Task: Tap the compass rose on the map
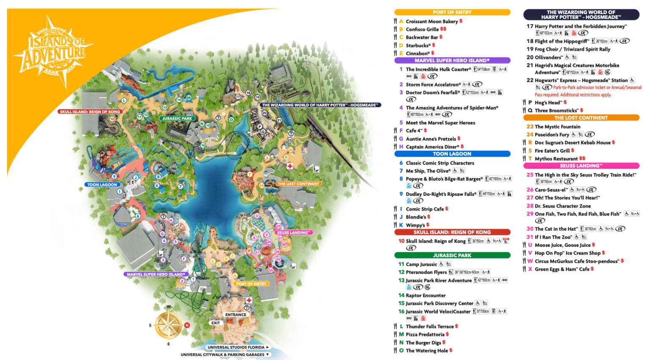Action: [168, 325]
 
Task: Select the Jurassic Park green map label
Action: [177, 118]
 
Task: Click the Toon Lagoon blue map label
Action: [102, 184]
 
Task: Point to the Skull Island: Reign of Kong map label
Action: [90, 112]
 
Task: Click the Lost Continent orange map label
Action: [298, 184]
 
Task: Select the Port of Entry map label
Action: [251, 283]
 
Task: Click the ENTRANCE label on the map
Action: [236, 314]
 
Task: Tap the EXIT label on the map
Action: [215, 323]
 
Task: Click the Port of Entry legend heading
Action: [452, 12]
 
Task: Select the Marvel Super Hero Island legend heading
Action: [452, 60]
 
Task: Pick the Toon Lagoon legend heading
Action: [452, 154]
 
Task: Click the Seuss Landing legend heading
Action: [581, 166]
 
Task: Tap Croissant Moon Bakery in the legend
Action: [432, 21]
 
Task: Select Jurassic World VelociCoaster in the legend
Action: [438, 311]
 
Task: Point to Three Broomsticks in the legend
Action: [556, 110]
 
